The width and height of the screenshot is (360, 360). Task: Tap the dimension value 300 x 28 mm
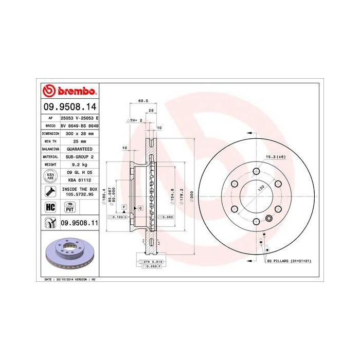coord(80,133)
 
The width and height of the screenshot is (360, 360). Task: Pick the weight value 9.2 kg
coord(80,164)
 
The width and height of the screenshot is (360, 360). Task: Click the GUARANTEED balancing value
coord(80,148)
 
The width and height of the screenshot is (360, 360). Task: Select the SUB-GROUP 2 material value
coord(80,156)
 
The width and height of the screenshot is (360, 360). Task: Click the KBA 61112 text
coord(80,181)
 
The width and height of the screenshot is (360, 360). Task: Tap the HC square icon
coord(50,207)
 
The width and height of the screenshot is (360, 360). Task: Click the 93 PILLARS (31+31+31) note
coord(289,261)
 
